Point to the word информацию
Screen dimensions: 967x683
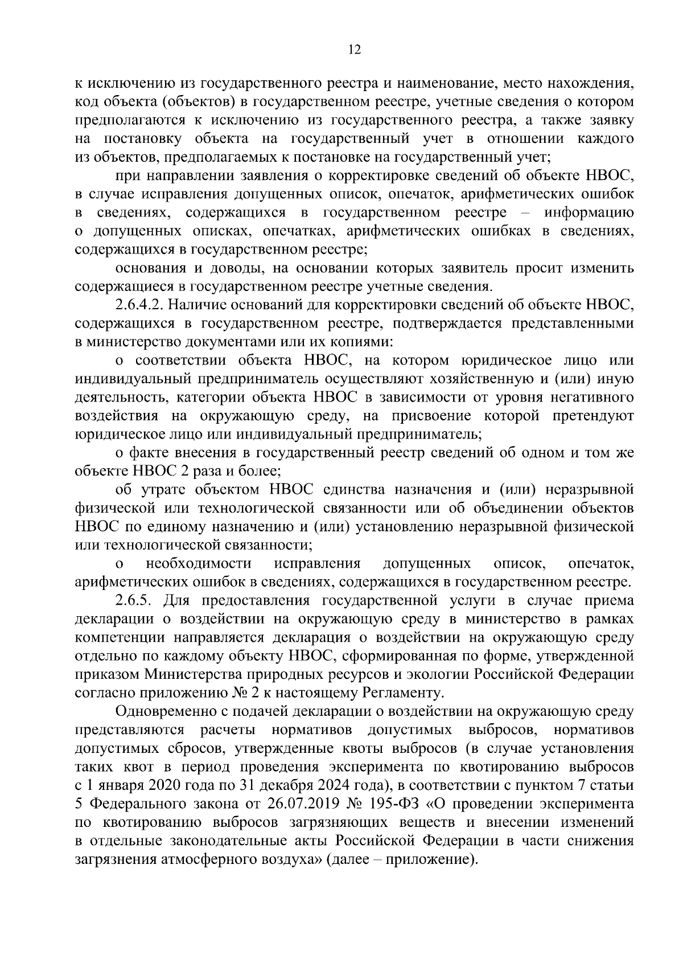(x=589, y=214)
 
